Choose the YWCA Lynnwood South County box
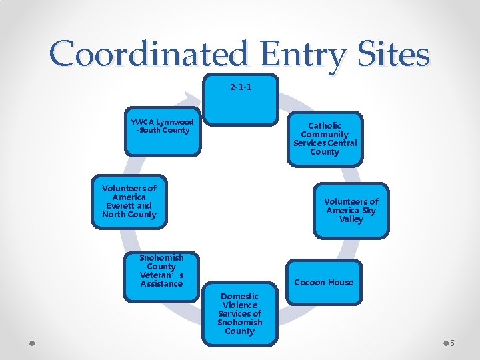pyautogui.click(x=163, y=131)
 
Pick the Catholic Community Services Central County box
pyautogui.click(x=325, y=139)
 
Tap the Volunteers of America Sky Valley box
pyautogui.click(x=351, y=211)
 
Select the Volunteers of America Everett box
pyautogui.click(x=129, y=201)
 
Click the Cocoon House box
pyautogui.click(x=323, y=282)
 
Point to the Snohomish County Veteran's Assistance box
pyautogui.click(x=161, y=271)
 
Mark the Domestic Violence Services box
pyautogui.click(x=239, y=313)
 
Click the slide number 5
pyautogui.click(x=452, y=343)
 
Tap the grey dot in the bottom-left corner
pyautogui.click(x=31, y=343)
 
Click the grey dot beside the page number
pyautogui.click(x=445, y=343)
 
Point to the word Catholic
pyautogui.click(x=325, y=125)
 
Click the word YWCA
pyautogui.click(x=141, y=122)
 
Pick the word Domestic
pyautogui.click(x=239, y=296)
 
